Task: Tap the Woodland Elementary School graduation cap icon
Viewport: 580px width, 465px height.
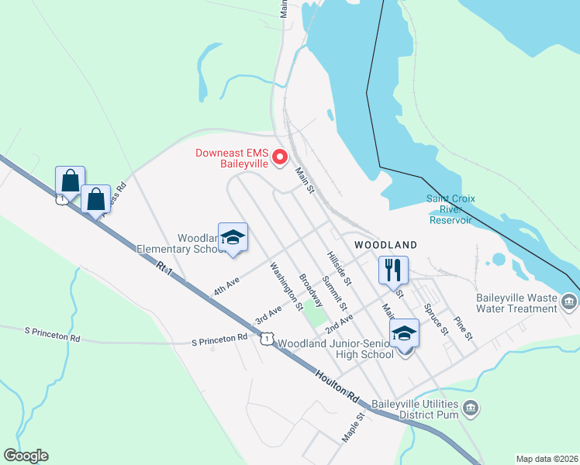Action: (x=233, y=238)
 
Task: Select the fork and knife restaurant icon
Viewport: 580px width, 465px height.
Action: (x=393, y=270)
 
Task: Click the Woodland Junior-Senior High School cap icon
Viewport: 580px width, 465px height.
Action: (x=404, y=333)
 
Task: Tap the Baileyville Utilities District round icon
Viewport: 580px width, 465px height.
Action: (x=469, y=408)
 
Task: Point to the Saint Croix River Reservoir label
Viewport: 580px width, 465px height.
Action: (x=449, y=209)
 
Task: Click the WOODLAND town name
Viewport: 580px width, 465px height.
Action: (x=385, y=245)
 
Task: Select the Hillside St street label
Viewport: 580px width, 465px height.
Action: (x=339, y=267)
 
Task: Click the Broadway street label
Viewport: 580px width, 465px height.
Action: (x=311, y=291)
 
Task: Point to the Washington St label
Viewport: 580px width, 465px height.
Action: (x=286, y=286)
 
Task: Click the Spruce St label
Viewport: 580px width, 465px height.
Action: (x=437, y=319)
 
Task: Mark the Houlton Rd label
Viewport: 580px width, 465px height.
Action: (x=337, y=385)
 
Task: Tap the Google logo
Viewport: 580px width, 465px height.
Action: (x=26, y=456)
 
